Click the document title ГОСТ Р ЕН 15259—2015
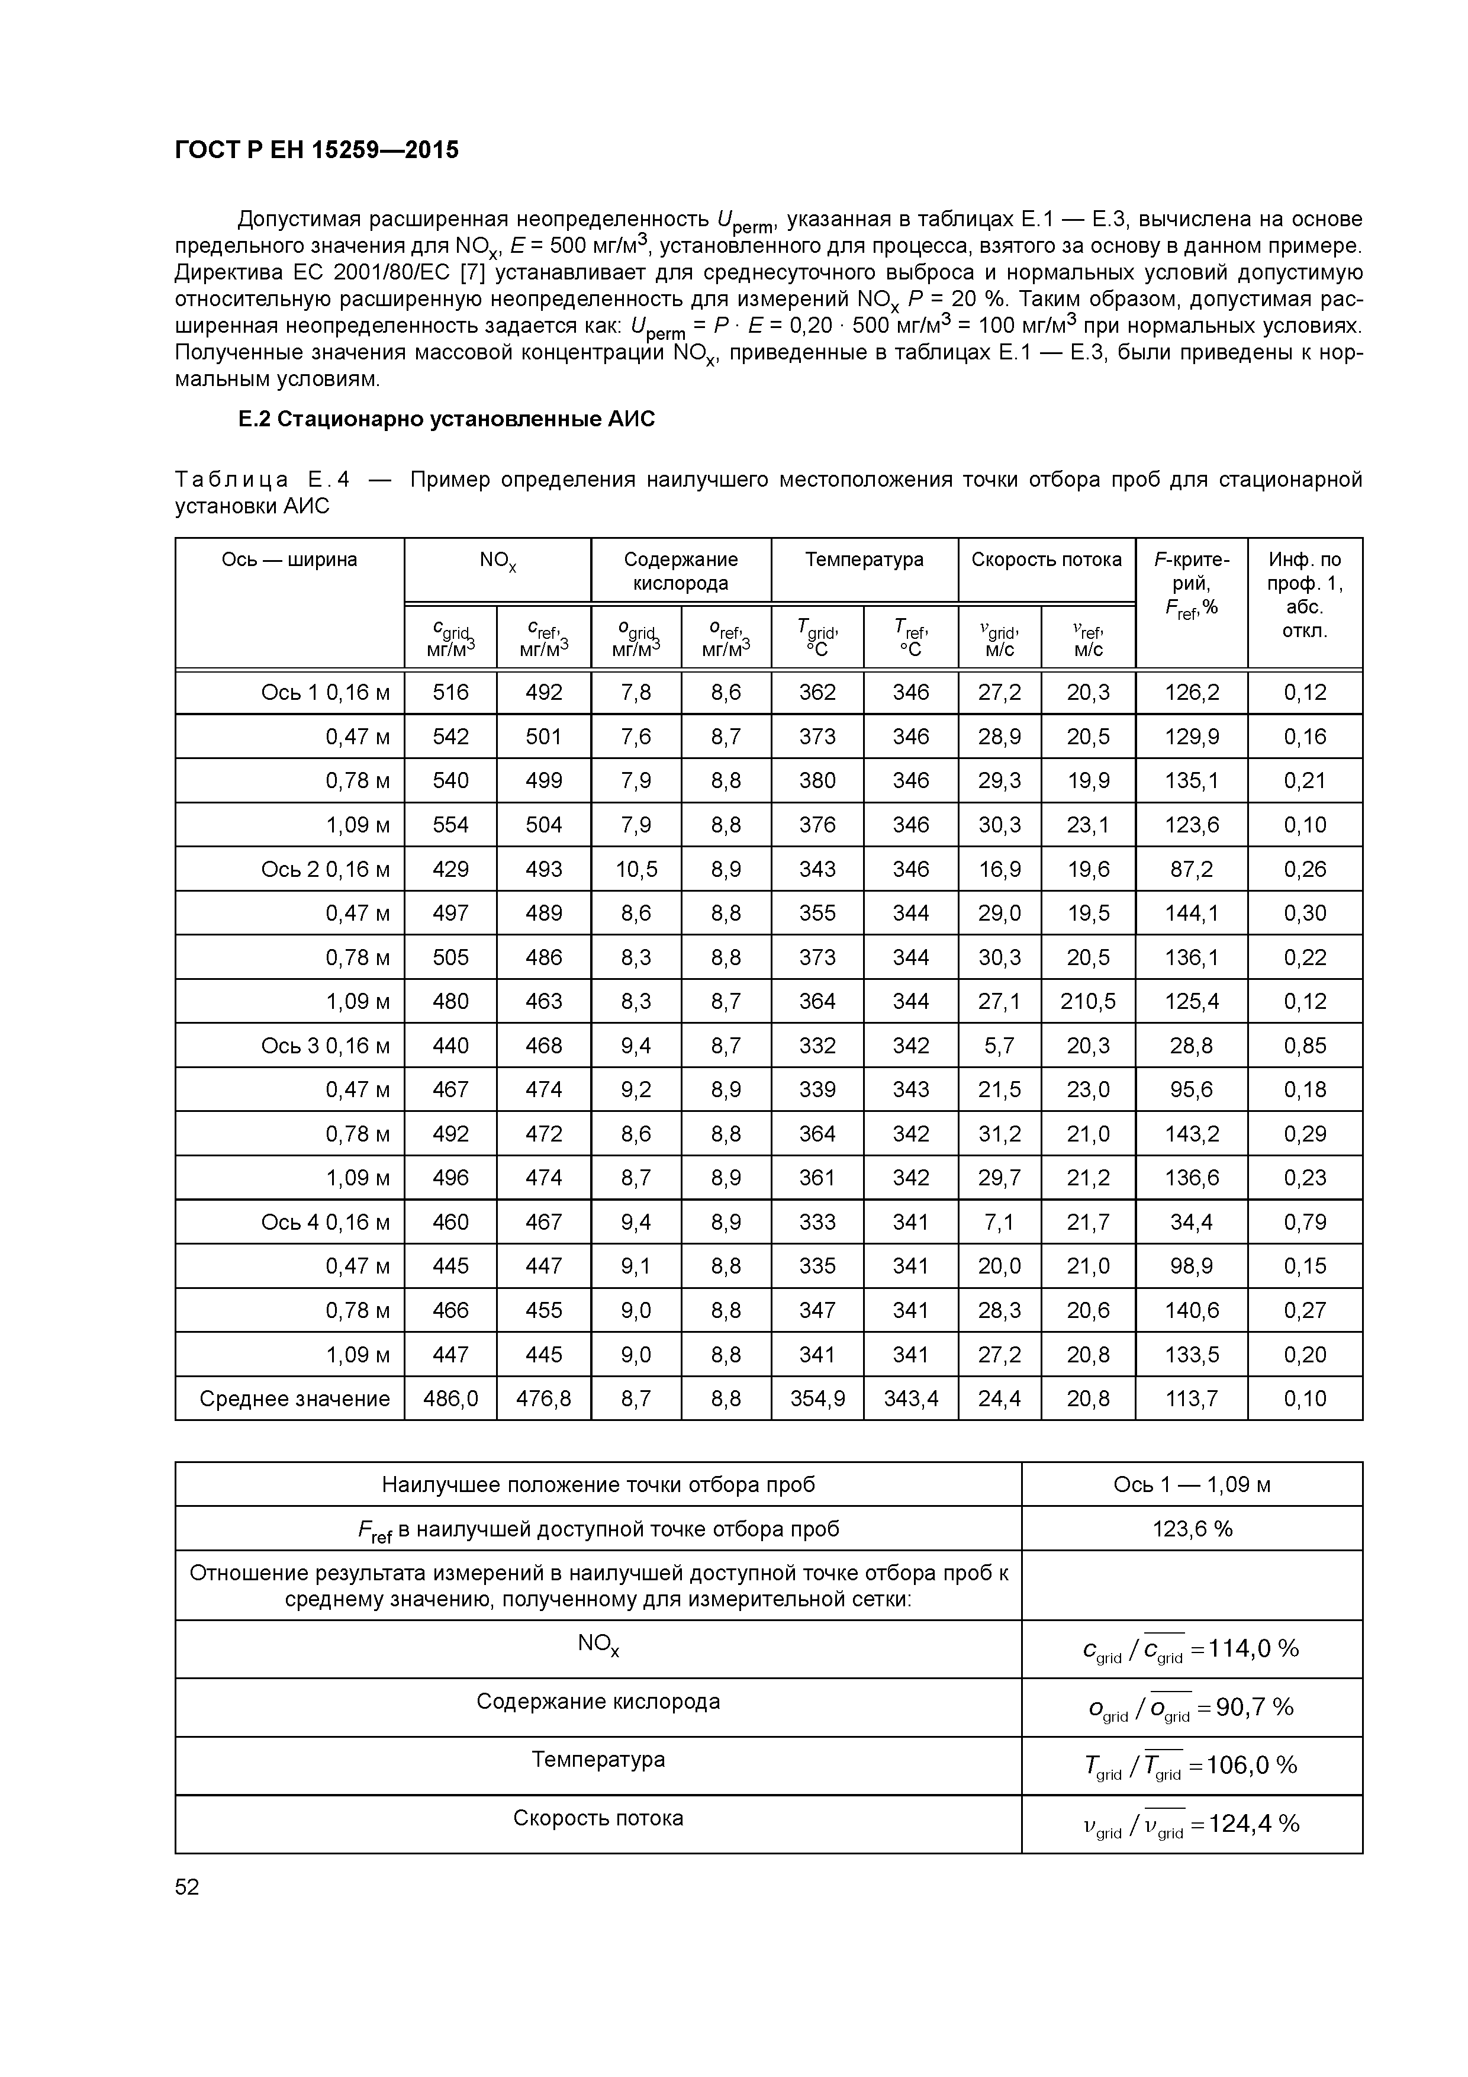[317, 149]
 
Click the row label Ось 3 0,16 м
[326, 1046]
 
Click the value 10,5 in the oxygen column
[636, 869]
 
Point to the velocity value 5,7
[999, 1046]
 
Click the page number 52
[187, 1887]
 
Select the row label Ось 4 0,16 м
[326, 1222]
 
